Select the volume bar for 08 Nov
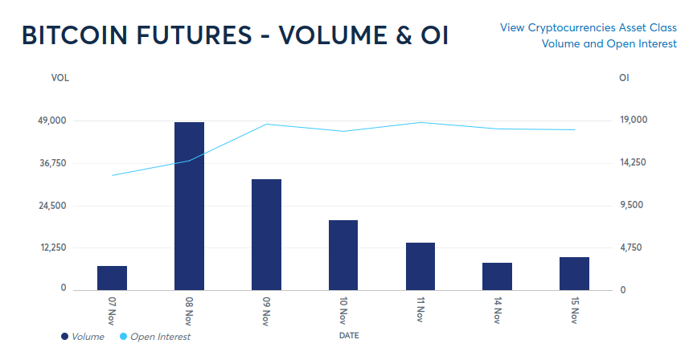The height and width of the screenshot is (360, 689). click(x=189, y=206)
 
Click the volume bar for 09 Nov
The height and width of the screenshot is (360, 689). click(x=266, y=234)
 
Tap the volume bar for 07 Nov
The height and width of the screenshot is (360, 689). click(x=113, y=277)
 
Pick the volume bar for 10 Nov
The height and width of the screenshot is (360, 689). click(x=343, y=255)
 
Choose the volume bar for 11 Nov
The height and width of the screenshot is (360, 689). click(x=420, y=266)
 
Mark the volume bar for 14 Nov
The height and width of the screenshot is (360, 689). click(x=497, y=276)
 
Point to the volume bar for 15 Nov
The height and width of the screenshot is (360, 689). click(x=574, y=273)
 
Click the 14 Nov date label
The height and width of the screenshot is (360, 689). click(x=498, y=310)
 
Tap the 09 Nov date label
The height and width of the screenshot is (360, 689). click(x=266, y=310)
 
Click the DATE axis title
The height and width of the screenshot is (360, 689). click(x=349, y=333)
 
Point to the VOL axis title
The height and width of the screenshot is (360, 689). click(x=59, y=78)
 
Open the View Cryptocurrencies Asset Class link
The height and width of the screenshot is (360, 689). click(x=589, y=27)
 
